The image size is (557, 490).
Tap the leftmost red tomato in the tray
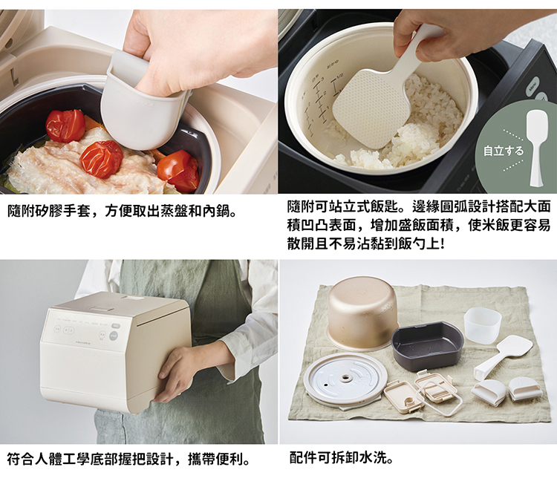pyautogui.click(x=65, y=125)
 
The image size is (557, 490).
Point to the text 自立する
pyautogui.click(x=503, y=151)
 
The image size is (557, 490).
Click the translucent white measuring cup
pyautogui.click(x=483, y=324)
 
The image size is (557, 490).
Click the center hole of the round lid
pyautogui.click(x=345, y=378)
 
